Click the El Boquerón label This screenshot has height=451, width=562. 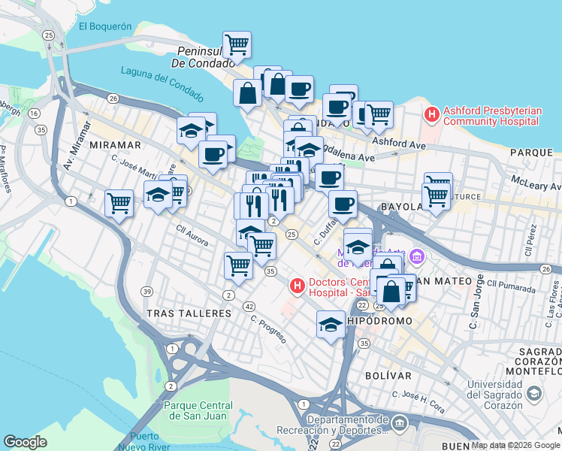pyautogui.click(x=105, y=26)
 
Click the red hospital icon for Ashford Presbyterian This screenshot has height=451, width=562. pyautogui.click(x=432, y=115)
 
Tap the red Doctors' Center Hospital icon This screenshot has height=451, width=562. pyautogui.click(x=298, y=286)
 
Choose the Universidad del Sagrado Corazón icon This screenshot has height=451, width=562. pyautogui.click(x=533, y=393)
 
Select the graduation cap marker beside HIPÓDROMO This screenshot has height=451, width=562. pyautogui.click(x=330, y=324)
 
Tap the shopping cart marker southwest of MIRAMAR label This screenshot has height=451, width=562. pyautogui.click(x=119, y=201)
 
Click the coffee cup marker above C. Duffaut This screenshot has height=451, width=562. pyautogui.click(x=343, y=204)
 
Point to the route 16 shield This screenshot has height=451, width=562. pyautogui.click(x=35, y=114)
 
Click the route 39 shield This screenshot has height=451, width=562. pyautogui.click(x=147, y=292)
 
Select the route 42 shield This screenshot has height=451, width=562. pyautogui.click(x=249, y=306)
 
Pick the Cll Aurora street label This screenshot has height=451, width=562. pyautogui.click(x=192, y=232)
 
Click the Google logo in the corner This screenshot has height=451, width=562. pyautogui.click(x=26, y=442)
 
